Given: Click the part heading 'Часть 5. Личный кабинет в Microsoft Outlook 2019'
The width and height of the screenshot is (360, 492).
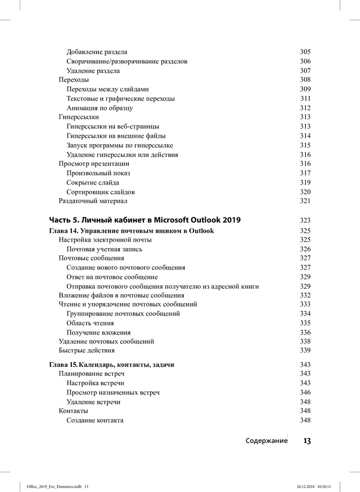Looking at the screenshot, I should point(145,220).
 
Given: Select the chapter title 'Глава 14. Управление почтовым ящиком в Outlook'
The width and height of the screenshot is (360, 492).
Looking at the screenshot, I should point(132,231).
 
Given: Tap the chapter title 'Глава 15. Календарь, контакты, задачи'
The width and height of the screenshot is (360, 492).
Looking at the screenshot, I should point(112,365).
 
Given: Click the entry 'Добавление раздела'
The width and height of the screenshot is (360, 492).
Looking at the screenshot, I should point(97,52).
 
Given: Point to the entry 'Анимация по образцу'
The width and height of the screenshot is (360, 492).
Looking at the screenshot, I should point(100,108).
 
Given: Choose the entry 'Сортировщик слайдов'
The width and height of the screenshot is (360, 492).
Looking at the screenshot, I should point(101,192).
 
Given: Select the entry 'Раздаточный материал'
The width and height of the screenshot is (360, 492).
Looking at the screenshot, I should point(93,201).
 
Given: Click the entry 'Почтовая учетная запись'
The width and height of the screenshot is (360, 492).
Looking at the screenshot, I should point(105,249).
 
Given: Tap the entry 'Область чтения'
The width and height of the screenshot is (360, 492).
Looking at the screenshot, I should point(90,323).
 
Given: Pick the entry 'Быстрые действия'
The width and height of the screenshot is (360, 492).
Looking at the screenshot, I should point(87,350).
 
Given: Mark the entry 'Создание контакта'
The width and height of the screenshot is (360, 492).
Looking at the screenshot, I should point(95,420).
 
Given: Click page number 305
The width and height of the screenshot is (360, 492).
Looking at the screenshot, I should point(305,52).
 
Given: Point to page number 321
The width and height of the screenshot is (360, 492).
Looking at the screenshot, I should point(305,201).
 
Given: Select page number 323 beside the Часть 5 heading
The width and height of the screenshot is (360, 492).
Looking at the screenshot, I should point(305,220).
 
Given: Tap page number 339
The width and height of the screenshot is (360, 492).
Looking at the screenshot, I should point(305,350).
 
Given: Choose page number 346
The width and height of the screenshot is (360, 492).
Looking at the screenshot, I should point(305,393).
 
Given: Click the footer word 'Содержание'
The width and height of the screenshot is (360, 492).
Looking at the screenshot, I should point(267,441).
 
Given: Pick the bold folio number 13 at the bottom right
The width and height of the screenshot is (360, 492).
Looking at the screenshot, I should point(307,441).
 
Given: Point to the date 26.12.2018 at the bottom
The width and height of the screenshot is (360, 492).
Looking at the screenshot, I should point(306,487).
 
